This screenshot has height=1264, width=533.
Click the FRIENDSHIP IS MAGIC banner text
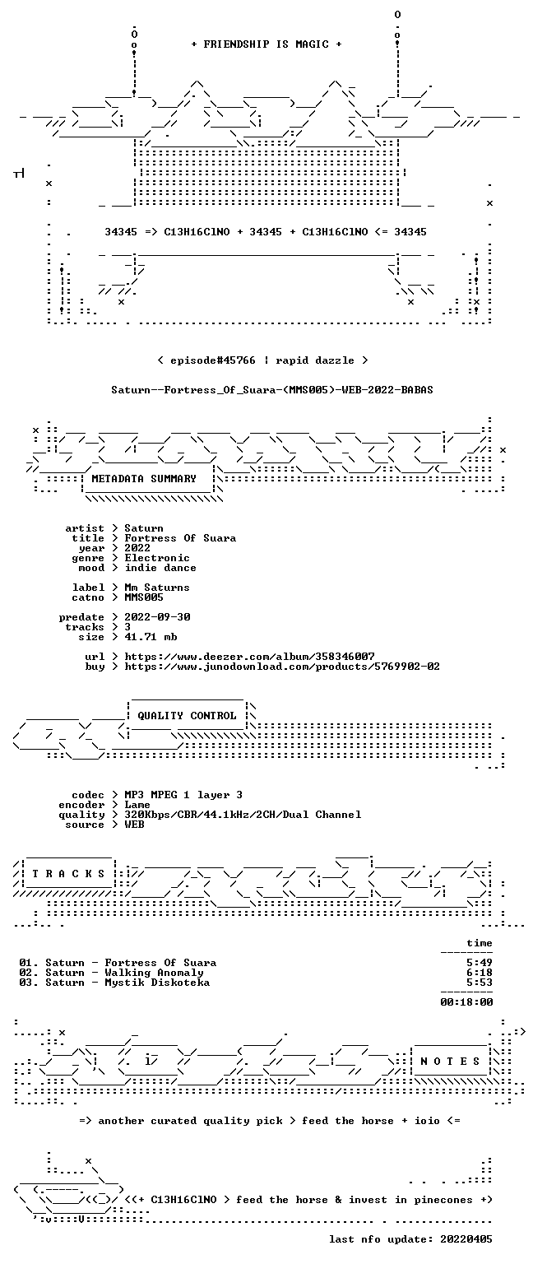[266, 44]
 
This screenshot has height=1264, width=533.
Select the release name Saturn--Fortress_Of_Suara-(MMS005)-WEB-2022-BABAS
[272, 390]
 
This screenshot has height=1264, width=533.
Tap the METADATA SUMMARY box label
[144, 478]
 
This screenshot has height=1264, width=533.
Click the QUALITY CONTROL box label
[187, 715]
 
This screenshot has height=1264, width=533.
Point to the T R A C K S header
[68, 873]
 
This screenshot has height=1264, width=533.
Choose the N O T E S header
[450, 1062]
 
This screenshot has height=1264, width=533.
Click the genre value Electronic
[157, 558]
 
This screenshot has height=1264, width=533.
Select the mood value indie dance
[160, 568]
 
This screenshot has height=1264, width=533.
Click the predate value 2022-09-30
[157, 617]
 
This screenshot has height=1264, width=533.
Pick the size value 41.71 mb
[151, 637]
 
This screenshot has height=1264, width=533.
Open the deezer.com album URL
[249, 657]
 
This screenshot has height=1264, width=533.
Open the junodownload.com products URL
[282, 667]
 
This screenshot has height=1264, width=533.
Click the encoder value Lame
[137, 805]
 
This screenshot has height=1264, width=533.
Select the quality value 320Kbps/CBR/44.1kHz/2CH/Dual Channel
[243, 815]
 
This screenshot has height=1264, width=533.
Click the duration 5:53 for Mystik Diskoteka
[480, 983]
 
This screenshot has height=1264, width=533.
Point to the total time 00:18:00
[466, 1002]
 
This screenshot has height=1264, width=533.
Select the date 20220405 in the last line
[466, 1239]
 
